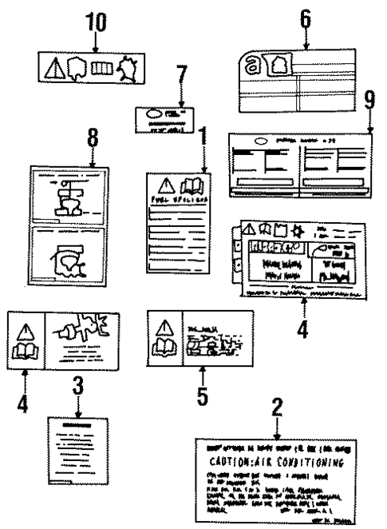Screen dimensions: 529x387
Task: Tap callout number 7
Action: click(x=181, y=78)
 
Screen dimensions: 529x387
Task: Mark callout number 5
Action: click(x=203, y=394)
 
